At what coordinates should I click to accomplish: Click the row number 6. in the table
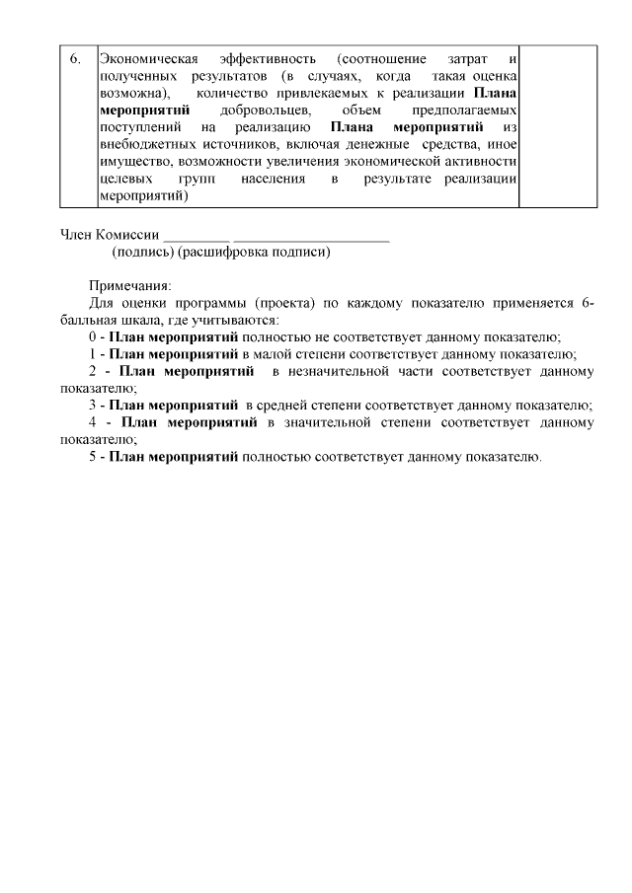coord(75,58)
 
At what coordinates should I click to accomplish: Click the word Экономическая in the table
coord(145,58)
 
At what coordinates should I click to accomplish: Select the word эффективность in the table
coord(268,58)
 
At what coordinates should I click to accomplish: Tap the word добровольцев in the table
coord(259,110)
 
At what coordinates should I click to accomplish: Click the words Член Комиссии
coord(109,236)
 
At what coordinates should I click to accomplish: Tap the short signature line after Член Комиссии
coord(197,239)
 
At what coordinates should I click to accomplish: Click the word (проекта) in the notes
coord(287,303)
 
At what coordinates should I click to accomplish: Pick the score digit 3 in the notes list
coord(92,406)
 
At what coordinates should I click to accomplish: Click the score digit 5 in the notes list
coord(92,457)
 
